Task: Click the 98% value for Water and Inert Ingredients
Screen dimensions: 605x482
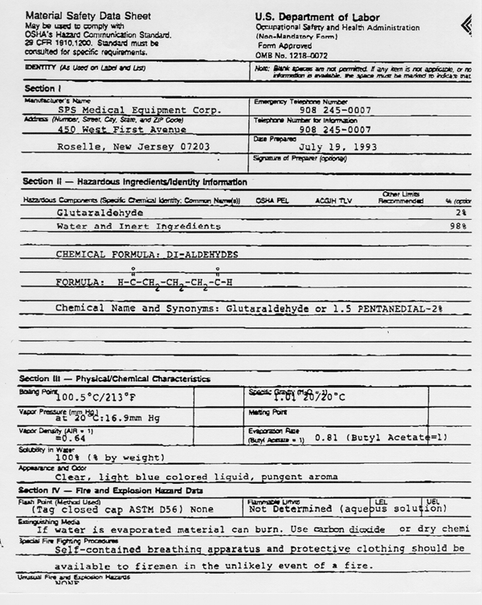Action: coord(459,227)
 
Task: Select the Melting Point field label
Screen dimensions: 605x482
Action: coord(268,412)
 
